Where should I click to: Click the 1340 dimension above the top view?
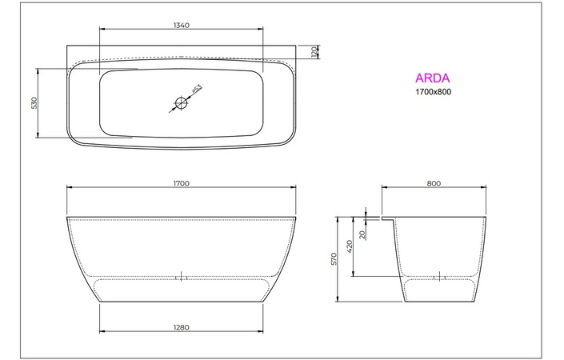pos(181,26)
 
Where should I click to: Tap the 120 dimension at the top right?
pos(314,52)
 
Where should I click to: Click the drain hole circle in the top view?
pos(182,102)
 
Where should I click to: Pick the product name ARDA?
pos(432,78)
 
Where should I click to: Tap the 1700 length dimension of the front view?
pos(181,183)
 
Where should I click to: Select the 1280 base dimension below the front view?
pos(181,326)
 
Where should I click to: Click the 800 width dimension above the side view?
pos(434,183)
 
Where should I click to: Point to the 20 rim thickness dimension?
pos(362,234)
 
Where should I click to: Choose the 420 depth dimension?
pos(350,247)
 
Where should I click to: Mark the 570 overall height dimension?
pos(336,259)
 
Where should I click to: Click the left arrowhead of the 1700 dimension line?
pos(68,189)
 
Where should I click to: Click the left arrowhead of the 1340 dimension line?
pos(101,31)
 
